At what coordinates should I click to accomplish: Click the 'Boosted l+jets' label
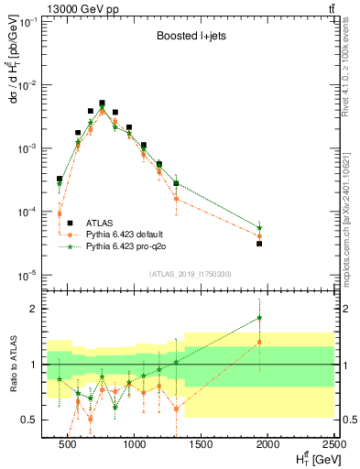[188, 38]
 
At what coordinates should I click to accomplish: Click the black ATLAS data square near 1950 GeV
[260, 244]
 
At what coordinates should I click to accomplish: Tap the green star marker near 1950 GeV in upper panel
[260, 227]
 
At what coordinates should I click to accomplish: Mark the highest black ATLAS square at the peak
[102, 104]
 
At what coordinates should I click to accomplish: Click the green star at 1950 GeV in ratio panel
[260, 318]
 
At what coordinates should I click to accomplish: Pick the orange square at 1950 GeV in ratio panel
[260, 342]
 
